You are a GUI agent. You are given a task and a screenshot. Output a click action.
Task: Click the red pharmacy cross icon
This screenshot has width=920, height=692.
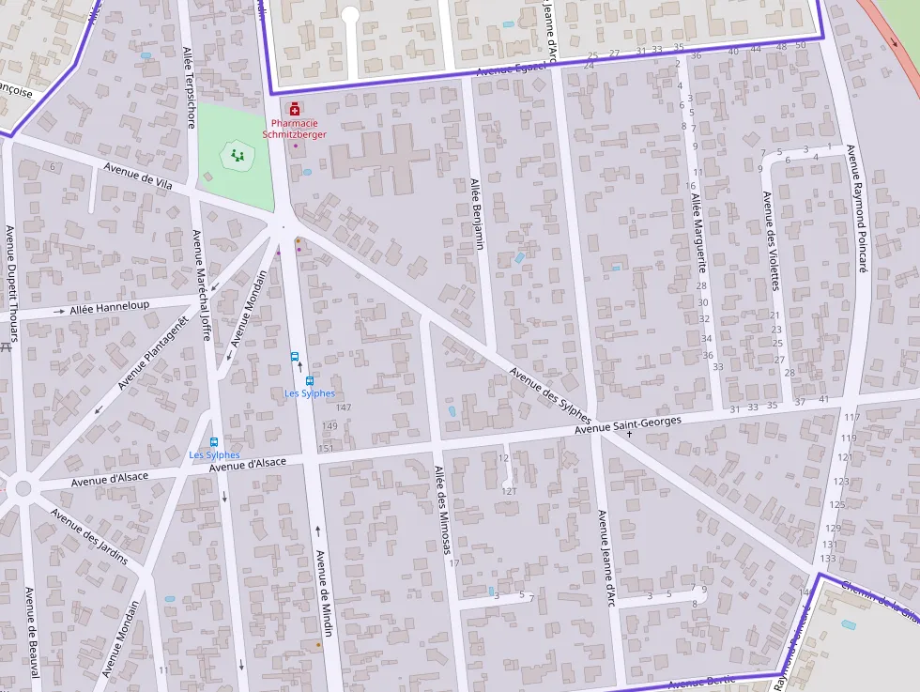[295, 110]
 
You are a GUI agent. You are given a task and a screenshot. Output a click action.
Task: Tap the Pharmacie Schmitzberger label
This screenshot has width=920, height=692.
[295, 129]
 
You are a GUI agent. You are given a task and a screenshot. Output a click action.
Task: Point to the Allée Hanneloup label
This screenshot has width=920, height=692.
[109, 307]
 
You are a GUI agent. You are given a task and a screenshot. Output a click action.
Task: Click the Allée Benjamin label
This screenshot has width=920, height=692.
[476, 213]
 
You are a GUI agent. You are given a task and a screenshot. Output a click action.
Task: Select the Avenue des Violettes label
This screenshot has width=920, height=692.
[771, 239]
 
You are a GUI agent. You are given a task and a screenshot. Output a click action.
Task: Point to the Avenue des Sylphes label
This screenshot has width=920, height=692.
[550, 393]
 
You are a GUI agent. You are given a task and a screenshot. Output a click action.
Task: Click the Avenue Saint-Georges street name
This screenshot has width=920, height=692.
[627, 423]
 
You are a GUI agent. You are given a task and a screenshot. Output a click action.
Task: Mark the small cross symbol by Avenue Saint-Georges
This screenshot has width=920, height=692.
[629, 435]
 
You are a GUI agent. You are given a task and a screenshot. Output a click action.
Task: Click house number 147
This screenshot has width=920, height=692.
[343, 408]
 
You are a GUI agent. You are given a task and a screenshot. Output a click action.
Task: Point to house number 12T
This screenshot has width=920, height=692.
[509, 491]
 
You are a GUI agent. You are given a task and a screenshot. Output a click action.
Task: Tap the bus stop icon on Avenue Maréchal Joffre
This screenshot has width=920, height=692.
[214, 442]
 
